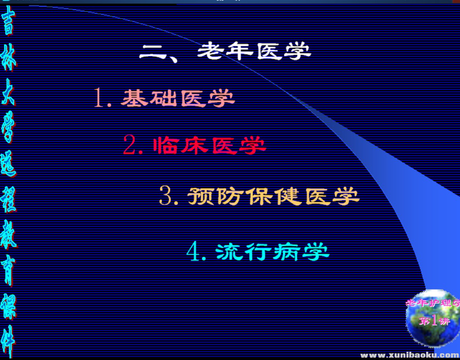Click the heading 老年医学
(x=254, y=52)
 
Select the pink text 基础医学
(x=178, y=98)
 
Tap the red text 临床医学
(x=210, y=146)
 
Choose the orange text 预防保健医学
(x=273, y=196)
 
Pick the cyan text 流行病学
(x=273, y=252)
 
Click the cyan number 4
(x=194, y=252)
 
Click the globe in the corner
(x=432, y=319)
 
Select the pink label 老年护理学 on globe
(x=432, y=303)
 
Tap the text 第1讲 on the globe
(x=434, y=321)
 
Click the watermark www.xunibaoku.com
(x=410, y=355)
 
